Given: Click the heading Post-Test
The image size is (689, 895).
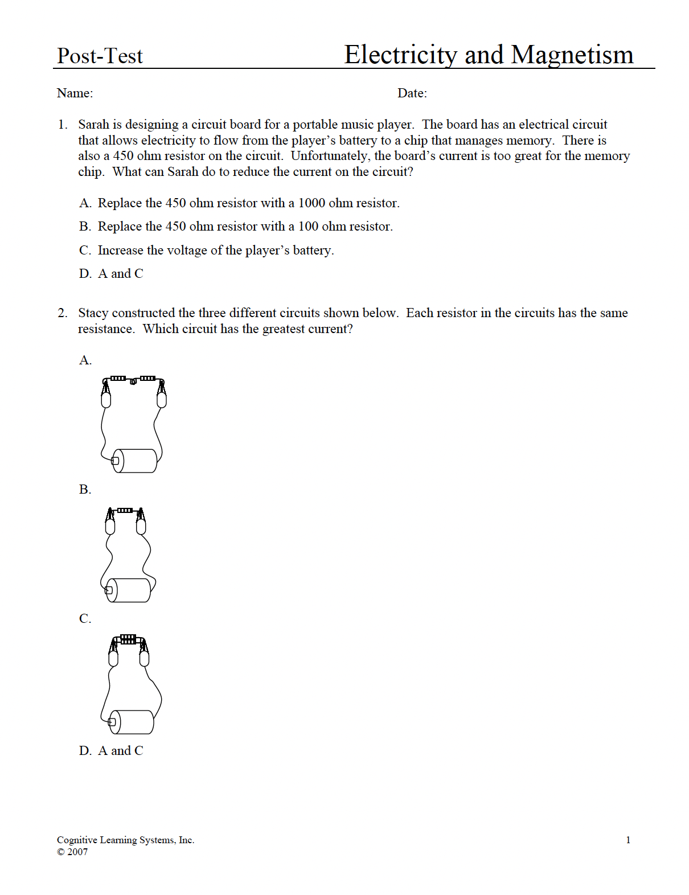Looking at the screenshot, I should (x=100, y=56).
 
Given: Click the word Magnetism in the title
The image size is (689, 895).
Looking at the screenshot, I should (x=572, y=55).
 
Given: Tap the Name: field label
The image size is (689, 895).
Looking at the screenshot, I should (x=75, y=93).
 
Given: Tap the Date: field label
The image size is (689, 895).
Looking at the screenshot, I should (x=412, y=93).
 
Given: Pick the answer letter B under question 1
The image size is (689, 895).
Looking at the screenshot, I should (x=85, y=227).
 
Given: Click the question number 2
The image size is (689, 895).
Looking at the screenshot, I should (x=62, y=313).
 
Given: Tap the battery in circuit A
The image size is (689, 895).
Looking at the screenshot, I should (x=136, y=461).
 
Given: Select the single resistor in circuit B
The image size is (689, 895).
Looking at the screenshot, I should (x=125, y=510).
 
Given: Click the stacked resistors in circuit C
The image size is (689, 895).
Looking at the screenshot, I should (x=129, y=639).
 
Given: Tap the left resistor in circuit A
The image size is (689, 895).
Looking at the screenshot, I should (x=118, y=378).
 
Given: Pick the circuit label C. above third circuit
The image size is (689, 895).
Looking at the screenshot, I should (x=85, y=618).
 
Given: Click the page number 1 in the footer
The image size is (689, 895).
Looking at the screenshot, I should (x=628, y=840).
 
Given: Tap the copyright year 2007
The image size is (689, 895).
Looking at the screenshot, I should (x=77, y=852).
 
